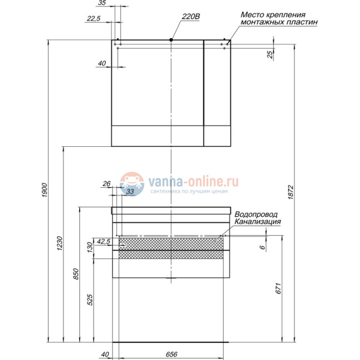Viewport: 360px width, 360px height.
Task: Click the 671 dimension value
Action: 280,288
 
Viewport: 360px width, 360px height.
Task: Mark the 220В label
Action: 190,18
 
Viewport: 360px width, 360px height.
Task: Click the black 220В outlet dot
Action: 172,40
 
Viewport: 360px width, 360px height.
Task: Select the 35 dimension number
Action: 101,3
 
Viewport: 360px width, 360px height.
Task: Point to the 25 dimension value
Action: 270,54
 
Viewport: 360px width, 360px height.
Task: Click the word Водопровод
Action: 256,214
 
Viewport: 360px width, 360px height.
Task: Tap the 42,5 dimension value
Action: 104,241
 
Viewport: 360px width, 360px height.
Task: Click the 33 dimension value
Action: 131,192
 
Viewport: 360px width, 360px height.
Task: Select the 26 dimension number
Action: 107,184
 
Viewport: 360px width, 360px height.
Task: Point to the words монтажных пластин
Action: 280,23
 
